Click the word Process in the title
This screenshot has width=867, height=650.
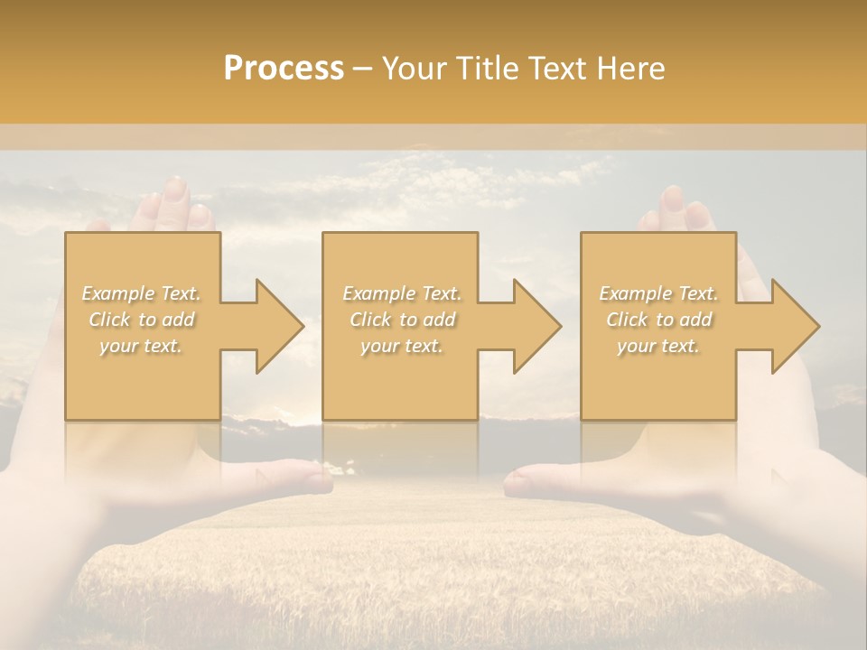pos(284,69)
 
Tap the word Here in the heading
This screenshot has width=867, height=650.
pos(629,69)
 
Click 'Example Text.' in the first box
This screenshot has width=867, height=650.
pos(142,293)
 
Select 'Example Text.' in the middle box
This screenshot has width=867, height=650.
pos(402,293)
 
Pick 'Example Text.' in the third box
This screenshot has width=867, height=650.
pos(658,293)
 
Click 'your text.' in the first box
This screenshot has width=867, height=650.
pos(141,346)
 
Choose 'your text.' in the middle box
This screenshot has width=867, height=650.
pos(401,346)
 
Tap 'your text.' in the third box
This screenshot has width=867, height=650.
pos(658,346)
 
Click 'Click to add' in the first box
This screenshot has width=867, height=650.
pos(142,320)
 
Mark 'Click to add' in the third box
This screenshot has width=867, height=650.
pos(658,320)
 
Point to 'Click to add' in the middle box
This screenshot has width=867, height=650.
pos(402,320)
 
